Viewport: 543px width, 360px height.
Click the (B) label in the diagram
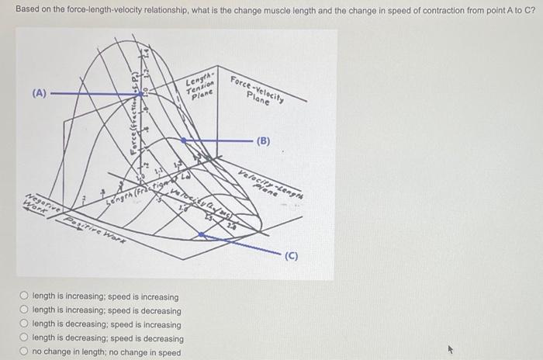(x=264, y=141)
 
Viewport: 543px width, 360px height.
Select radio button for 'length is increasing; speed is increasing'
(x=24, y=297)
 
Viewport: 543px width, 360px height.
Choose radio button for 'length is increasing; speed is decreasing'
(x=24, y=311)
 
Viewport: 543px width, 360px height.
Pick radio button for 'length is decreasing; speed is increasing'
(x=24, y=325)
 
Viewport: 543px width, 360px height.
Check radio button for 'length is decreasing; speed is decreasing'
(x=24, y=339)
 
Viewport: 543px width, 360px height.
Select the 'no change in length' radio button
(x=24, y=353)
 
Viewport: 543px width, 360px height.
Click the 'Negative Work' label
(x=35, y=203)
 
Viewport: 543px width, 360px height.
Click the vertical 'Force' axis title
(x=134, y=116)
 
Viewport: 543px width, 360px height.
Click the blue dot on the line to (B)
(x=183, y=141)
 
